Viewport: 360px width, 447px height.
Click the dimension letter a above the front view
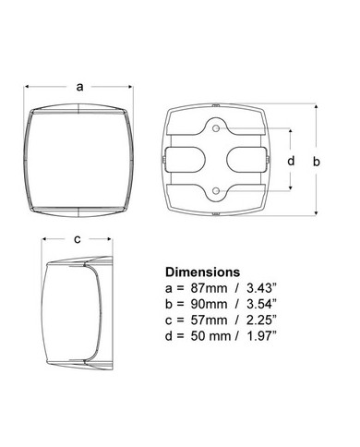pyautogui.click(x=79, y=87)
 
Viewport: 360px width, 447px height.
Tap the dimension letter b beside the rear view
pyautogui.click(x=317, y=161)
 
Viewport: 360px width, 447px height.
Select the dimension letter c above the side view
pyautogui.click(x=78, y=239)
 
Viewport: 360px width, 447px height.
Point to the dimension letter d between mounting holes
pyautogui.click(x=291, y=161)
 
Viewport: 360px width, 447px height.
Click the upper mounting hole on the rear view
pyautogui.click(x=216, y=128)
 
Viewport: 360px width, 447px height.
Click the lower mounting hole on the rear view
pyautogui.click(x=216, y=191)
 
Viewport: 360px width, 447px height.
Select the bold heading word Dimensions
pyautogui.click(x=203, y=272)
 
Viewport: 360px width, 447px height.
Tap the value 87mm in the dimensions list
pyautogui.click(x=210, y=288)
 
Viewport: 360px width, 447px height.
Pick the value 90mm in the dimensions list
pyautogui.click(x=210, y=304)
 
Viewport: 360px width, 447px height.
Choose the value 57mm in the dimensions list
pyautogui.click(x=210, y=320)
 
